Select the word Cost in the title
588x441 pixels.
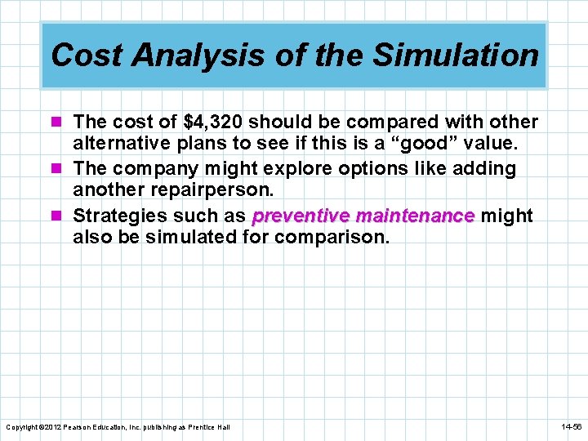85,56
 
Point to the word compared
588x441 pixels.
392,122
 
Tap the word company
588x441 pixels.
153,169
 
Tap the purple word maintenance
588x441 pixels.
415,216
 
